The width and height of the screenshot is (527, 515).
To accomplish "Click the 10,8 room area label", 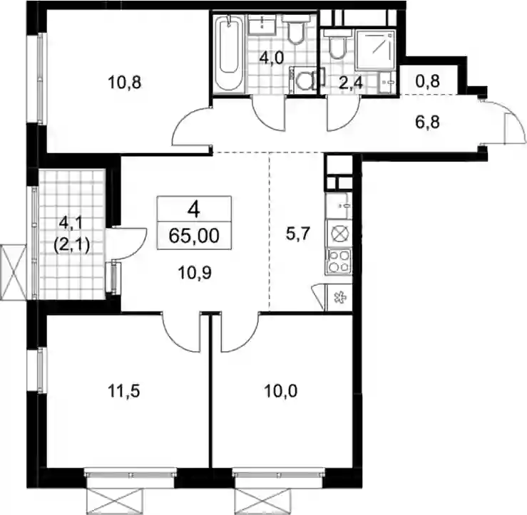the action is click(124, 83).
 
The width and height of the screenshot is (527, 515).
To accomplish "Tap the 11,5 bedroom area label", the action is click(123, 391).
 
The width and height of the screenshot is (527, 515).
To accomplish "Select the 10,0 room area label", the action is click(281, 391).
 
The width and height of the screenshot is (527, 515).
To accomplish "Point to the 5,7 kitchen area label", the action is click(297, 234).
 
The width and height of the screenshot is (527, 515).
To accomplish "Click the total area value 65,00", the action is click(194, 236).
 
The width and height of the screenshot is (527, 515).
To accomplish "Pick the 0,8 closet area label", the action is click(427, 81).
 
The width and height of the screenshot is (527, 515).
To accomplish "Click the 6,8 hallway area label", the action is click(427, 123).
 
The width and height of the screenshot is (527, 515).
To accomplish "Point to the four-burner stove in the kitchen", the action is click(339, 261).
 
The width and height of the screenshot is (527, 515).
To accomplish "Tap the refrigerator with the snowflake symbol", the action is click(339, 298).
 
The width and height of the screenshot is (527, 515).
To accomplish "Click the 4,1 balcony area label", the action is click(71, 223).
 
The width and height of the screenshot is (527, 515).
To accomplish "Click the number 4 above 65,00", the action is click(194, 210).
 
